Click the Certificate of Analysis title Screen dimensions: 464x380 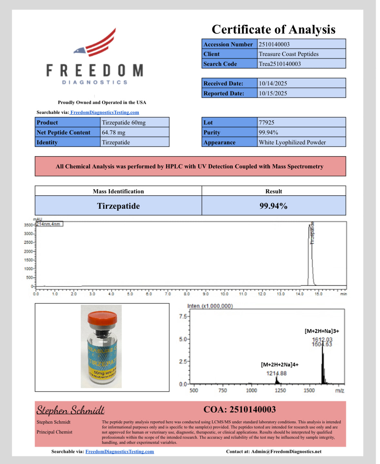(273, 29)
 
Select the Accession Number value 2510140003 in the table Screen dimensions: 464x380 (274, 44)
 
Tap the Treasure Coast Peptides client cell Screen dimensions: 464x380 (288, 54)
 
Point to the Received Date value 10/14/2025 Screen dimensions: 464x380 (273, 83)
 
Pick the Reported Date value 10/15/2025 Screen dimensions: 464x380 (273, 93)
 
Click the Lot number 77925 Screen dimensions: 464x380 (267, 122)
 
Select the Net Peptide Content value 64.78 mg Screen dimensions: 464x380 (113, 132)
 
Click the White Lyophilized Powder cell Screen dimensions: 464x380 (292, 142)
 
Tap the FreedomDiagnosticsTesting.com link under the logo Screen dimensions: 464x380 (105, 112)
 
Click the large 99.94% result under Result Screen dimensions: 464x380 (273, 206)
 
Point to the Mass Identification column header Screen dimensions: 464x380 (118, 191)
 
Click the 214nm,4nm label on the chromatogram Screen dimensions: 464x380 (49, 224)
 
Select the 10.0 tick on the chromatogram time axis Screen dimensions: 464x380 (224, 294)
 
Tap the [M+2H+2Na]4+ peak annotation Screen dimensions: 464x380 (279, 365)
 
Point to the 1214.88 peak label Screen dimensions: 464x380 (276, 373)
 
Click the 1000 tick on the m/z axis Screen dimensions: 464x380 (251, 390)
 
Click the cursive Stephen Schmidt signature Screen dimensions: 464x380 (70, 410)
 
